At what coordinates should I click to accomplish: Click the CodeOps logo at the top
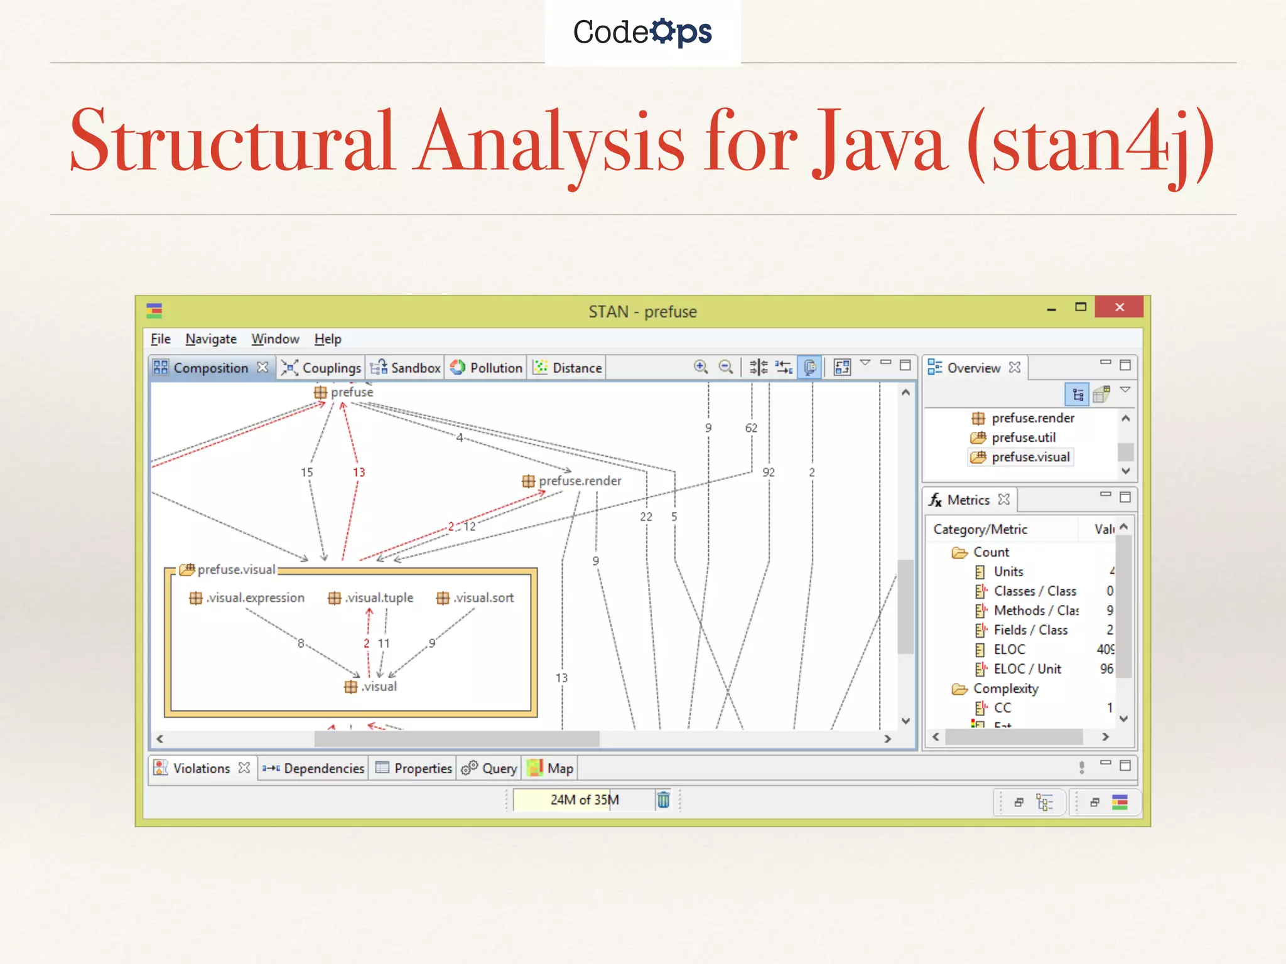tap(642, 32)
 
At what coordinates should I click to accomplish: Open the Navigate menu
tap(211, 339)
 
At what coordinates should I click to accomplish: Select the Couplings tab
tap(321, 368)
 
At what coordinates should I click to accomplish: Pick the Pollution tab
tap(487, 368)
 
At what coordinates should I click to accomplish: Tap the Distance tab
tap(568, 368)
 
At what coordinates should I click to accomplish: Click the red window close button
tap(1119, 307)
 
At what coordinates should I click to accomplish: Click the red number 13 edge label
tap(359, 472)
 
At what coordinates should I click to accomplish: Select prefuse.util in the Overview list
tap(1023, 437)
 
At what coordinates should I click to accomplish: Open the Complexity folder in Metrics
tap(1005, 688)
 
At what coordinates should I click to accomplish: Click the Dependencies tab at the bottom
tap(314, 768)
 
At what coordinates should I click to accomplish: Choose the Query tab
tap(490, 768)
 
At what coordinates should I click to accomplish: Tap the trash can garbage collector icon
tap(663, 800)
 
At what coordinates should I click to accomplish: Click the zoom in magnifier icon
tap(701, 367)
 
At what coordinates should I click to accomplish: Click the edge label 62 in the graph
tap(751, 428)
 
